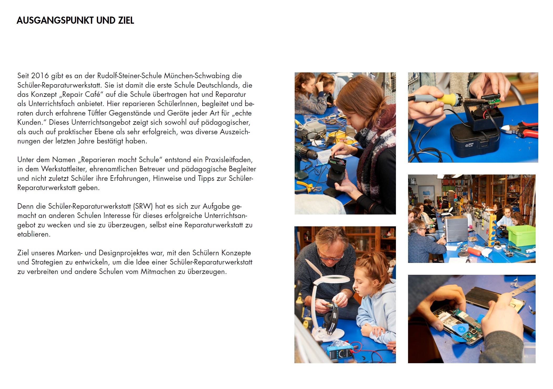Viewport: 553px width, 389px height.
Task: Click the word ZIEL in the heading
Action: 126,21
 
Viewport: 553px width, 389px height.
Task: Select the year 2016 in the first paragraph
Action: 40,76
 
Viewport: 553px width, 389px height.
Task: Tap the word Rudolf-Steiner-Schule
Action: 129,76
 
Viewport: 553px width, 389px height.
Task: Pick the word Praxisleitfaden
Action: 229,160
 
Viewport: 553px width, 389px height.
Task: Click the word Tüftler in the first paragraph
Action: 97,113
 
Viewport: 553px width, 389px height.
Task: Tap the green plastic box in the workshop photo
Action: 521,235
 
